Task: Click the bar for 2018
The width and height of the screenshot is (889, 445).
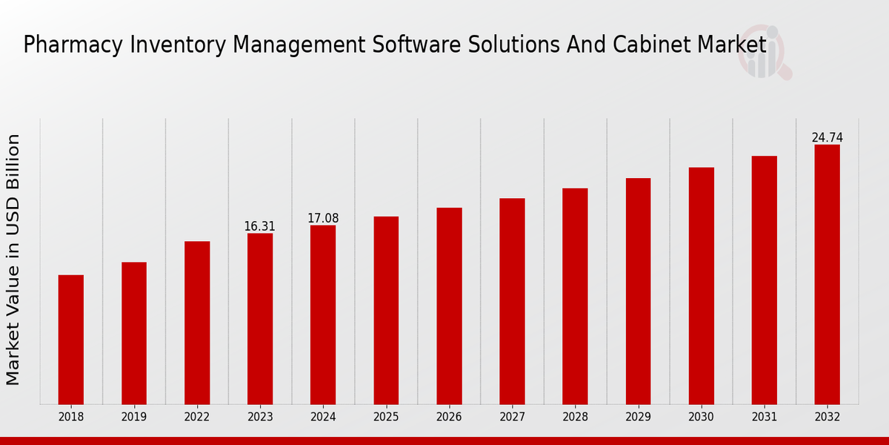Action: [71, 340]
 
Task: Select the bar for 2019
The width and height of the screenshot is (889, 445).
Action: [134, 333]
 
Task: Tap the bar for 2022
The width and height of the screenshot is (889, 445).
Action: [197, 323]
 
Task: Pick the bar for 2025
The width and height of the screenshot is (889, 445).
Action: [386, 310]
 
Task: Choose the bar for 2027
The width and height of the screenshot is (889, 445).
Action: [512, 301]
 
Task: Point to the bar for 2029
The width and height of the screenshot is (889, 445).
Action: [638, 291]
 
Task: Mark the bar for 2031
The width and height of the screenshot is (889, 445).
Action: [764, 280]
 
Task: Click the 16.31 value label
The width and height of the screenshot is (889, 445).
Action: [259, 226]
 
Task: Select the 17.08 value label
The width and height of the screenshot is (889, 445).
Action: [323, 218]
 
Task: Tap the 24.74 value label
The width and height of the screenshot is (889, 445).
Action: [827, 138]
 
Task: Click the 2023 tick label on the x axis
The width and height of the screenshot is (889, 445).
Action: [260, 417]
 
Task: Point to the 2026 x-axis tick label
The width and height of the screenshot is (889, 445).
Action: [449, 417]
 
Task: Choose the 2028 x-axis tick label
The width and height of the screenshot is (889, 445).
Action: [575, 417]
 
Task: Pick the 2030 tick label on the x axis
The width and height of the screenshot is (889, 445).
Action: [701, 417]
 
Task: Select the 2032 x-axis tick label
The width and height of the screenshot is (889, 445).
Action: [827, 417]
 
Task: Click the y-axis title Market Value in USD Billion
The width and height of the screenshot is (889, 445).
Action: [13, 260]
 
